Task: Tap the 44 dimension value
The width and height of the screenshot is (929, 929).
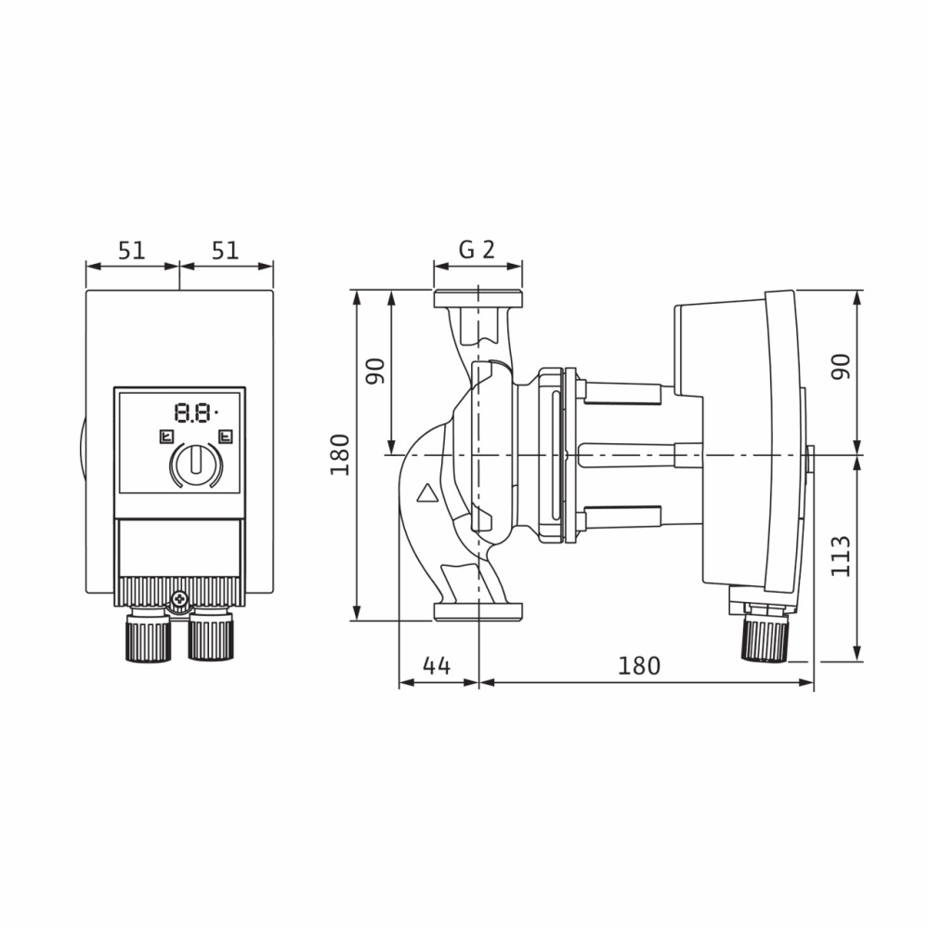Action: coord(437,666)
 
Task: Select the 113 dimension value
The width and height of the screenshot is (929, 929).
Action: coord(840,556)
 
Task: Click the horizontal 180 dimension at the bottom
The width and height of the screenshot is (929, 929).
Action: coord(639,666)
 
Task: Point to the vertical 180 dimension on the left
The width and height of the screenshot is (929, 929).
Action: coord(340,454)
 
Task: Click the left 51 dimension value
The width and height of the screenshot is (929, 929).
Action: coord(132,251)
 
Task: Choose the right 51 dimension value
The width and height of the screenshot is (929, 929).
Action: coord(225,251)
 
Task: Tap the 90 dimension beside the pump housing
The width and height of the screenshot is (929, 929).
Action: coord(375,372)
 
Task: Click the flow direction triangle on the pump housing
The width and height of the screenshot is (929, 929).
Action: coord(426,493)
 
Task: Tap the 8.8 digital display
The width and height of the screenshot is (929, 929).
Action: coord(193,412)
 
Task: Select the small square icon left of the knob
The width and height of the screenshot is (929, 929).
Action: coord(166,438)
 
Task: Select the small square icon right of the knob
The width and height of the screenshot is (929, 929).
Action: coord(225,438)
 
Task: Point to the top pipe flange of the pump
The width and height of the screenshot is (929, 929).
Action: coord(478,299)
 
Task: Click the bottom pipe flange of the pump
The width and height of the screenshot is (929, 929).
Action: coord(478,612)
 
